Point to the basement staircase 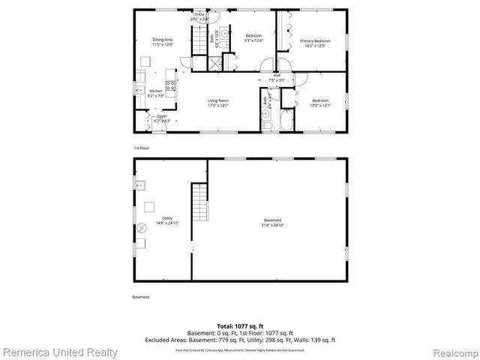pyautogui.click(x=199, y=203)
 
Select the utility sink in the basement pyautogui.click(x=139, y=184)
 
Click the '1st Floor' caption pyautogui.click(x=142, y=148)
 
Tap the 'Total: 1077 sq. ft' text pyautogui.click(x=240, y=327)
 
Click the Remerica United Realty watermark pyautogui.click(x=60, y=352)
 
